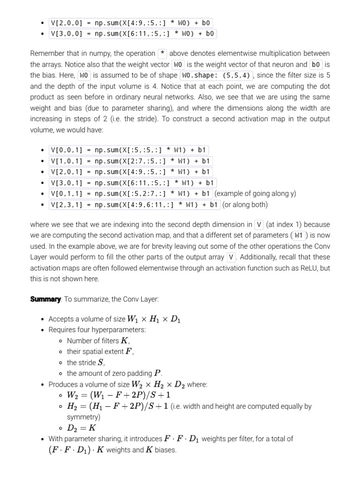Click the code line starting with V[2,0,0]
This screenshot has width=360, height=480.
131,22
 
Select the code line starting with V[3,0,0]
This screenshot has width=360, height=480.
133,34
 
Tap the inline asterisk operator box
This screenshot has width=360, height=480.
163,53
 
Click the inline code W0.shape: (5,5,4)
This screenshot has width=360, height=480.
217,75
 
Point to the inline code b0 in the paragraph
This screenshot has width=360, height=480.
316,64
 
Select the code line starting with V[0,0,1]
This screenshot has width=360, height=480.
129,150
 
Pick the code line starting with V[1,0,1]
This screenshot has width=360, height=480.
131,161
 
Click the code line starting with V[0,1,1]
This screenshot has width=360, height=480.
131,194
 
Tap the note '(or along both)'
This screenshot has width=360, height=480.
245,204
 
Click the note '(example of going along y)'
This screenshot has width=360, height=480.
255,194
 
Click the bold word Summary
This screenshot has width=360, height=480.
45,299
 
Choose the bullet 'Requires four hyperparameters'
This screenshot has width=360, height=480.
97,330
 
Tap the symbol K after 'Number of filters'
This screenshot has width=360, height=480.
125,341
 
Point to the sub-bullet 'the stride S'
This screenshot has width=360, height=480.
86,362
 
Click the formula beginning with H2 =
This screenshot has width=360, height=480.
119,406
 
